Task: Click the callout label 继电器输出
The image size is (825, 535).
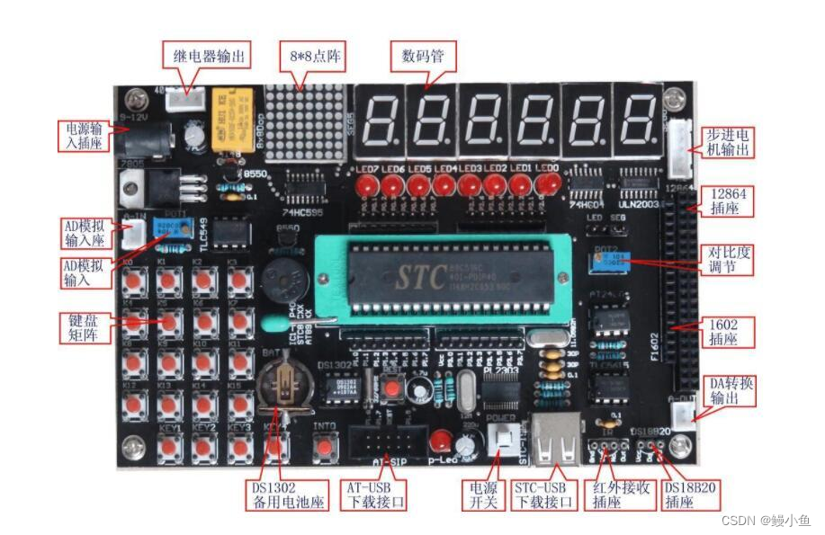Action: click(205, 56)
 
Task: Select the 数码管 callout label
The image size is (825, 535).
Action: click(423, 56)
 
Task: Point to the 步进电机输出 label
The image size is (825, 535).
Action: click(726, 142)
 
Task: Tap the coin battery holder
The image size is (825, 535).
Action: click(284, 387)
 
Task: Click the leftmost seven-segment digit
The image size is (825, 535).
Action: click(379, 120)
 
